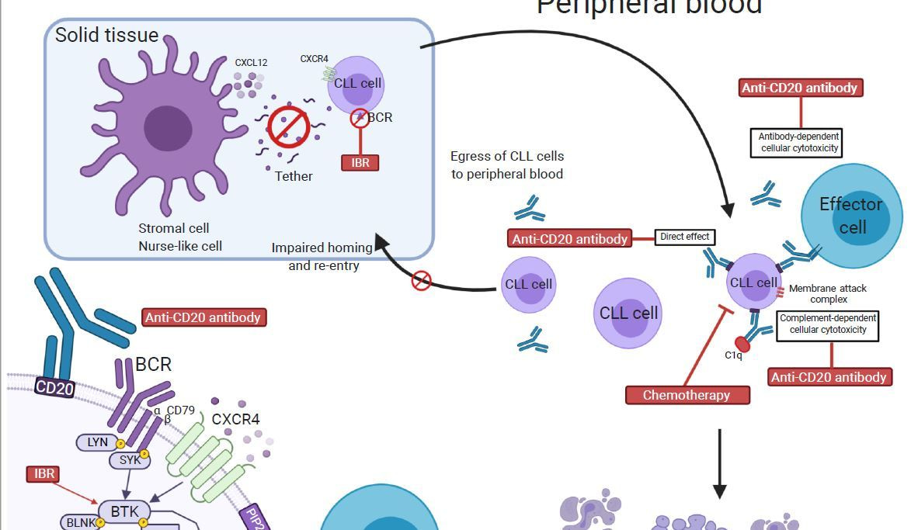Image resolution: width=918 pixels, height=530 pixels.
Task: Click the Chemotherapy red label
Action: pyautogui.click(x=687, y=395)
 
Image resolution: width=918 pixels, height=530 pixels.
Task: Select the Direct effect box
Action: pyautogui.click(x=684, y=237)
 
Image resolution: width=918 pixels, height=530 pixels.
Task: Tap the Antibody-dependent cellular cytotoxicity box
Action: pyautogui.click(x=799, y=143)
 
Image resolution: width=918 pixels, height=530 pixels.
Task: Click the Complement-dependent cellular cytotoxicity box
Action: pyautogui.click(x=828, y=324)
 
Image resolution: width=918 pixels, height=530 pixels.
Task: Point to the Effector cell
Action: pyautogui.click(x=851, y=216)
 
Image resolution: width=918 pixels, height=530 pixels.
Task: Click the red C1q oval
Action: pyautogui.click(x=742, y=343)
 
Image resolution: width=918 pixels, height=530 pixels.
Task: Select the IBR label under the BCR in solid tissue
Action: pyautogui.click(x=360, y=162)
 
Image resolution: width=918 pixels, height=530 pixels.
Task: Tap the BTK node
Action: pyautogui.click(x=124, y=511)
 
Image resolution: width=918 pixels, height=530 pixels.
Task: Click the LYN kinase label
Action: pyautogui.click(x=98, y=442)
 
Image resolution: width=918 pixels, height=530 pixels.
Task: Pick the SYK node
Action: pyautogui.click(x=130, y=459)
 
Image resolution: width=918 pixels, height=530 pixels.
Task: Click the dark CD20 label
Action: pyautogui.click(x=55, y=386)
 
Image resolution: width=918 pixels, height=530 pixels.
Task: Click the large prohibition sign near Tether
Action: pyautogui.click(x=289, y=126)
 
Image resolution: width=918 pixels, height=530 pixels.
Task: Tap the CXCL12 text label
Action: pyautogui.click(x=251, y=63)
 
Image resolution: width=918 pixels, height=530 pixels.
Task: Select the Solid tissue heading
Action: pyautogui.click(x=106, y=35)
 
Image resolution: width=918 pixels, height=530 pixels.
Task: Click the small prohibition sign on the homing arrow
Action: pyautogui.click(x=421, y=280)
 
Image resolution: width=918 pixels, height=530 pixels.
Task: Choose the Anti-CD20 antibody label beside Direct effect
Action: pyautogui.click(x=569, y=238)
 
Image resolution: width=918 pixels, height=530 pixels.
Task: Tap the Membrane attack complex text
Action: pyautogui.click(x=827, y=293)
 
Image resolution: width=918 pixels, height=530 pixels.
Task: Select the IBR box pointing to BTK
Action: pyautogui.click(x=44, y=473)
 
